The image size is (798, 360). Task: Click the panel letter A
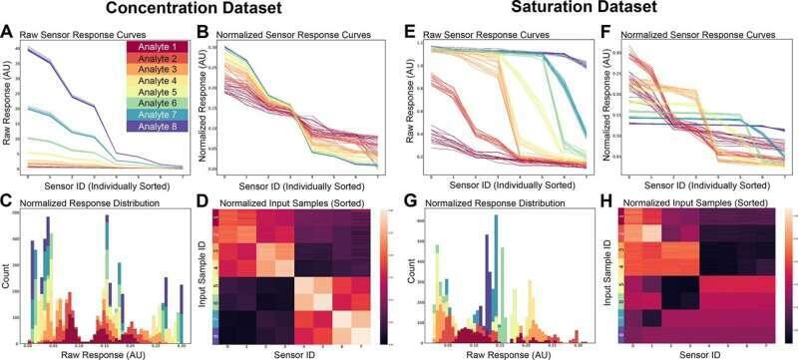coord(8,32)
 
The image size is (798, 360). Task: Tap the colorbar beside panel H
coord(789,269)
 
